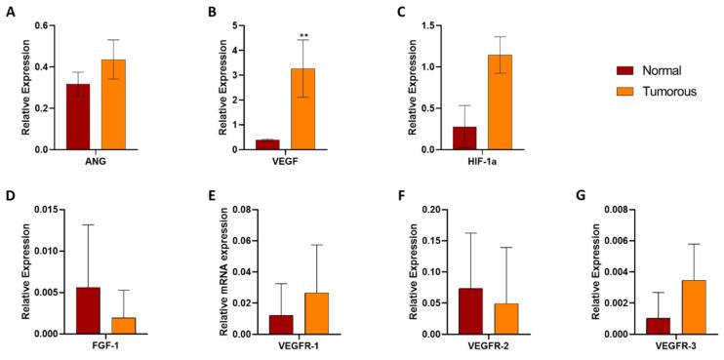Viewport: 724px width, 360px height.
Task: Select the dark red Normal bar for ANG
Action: pos(78,116)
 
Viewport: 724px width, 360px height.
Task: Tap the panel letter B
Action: pos(213,12)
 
